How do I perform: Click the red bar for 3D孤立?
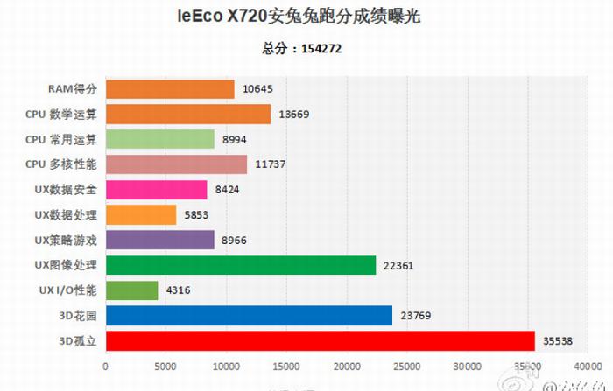(x=320, y=340)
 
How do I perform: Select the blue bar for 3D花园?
(x=249, y=315)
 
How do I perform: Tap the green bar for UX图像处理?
(x=241, y=265)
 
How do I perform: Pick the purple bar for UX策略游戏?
(x=159, y=240)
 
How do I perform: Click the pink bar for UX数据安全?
(x=157, y=190)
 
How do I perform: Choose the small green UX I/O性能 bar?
(x=131, y=290)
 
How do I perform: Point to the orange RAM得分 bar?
(x=170, y=89)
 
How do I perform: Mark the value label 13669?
(x=293, y=115)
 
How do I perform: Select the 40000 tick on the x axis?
(x=588, y=367)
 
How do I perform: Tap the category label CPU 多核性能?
(x=61, y=164)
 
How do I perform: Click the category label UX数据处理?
(x=66, y=214)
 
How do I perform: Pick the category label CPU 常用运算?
(x=61, y=139)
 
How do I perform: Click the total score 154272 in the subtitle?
(x=321, y=49)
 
